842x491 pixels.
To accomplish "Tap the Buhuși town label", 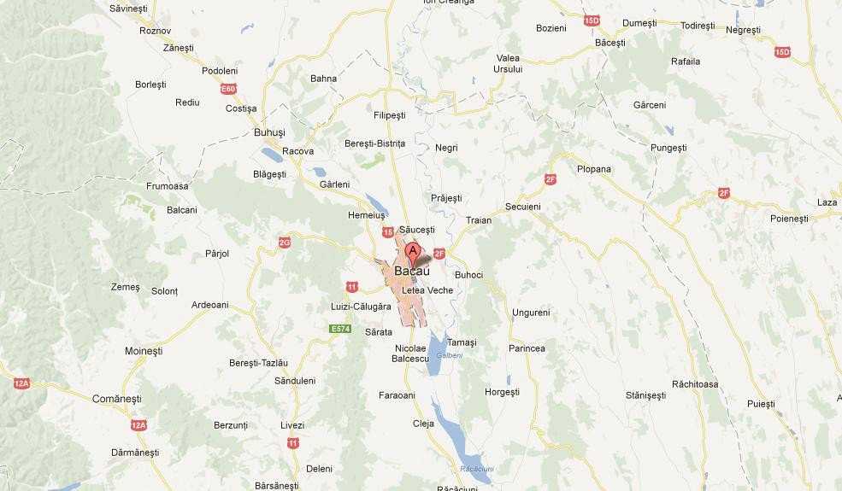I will [x=269, y=132].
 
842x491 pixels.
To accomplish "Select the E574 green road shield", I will [x=340, y=329].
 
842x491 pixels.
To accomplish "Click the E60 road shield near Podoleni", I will [x=227, y=89].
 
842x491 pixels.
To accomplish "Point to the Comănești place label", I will [x=116, y=398].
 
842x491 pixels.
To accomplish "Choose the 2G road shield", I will [x=285, y=243].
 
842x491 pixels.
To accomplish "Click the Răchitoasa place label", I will [x=695, y=383].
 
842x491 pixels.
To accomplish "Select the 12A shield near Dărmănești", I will [x=139, y=424].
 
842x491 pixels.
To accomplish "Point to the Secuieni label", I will [x=523, y=207].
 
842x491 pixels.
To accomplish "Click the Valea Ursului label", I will [x=508, y=63].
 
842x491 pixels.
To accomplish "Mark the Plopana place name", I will [x=594, y=169].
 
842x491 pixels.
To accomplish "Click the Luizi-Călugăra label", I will [x=361, y=306].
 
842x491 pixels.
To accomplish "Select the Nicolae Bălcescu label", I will [x=411, y=354].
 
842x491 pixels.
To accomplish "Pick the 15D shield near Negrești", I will [x=782, y=53].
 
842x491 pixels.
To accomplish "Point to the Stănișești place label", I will [x=645, y=395].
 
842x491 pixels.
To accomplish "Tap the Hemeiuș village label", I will [x=368, y=216].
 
